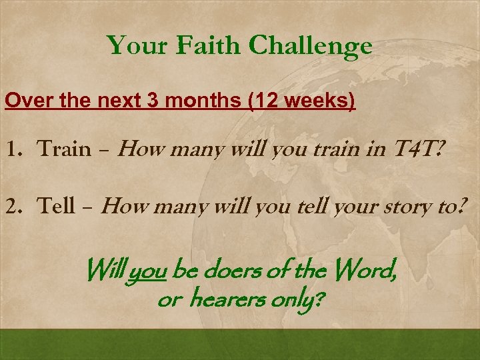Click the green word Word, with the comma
(367, 272)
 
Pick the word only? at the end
(297, 302)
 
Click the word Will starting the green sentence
(105, 271)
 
